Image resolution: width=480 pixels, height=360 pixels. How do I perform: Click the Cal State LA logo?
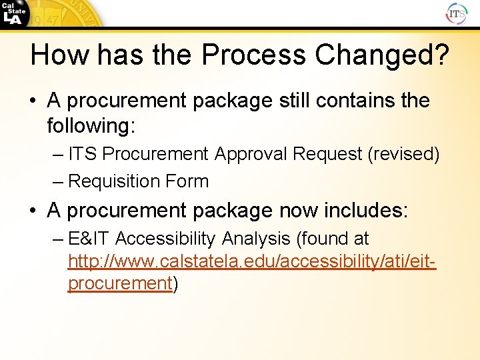[15, 13]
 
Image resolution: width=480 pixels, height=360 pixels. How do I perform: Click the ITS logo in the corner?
[457, 13]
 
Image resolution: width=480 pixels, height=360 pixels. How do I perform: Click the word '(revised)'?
[403, 154]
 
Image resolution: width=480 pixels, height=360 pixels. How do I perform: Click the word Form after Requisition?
[189, 181]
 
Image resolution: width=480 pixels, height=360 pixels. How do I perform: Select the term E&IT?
[89, 239]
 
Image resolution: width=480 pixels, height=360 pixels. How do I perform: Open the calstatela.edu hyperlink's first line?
[252, 261]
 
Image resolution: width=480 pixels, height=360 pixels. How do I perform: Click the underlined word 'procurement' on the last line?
[120, 283]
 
